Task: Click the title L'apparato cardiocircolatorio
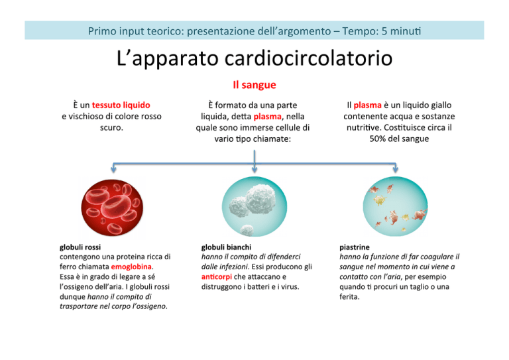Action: (x=254, y=59)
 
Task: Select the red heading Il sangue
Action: (x=254, y=85)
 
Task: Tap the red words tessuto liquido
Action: (x=121, y=105)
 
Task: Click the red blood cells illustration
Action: (x=112, y=208)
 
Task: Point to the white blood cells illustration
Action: (x=254, y=206)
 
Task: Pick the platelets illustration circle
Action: (x=395, y=206)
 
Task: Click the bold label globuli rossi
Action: (x=80, y=247)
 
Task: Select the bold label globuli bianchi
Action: (x=226, y=247)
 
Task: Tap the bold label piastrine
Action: (x=355, y=247)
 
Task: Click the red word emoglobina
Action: (x=131, y=267)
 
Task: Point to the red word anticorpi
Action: (x=217, y=277)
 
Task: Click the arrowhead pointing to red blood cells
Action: (x=113, y=169)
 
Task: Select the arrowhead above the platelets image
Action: (x=395, y=169)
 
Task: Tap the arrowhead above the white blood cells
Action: (x=254, y=169)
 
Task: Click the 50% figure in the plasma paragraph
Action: (x=376, y=139)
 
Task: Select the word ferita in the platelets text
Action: (x=349, y=297)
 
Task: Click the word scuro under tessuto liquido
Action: (x=111, y=127)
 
